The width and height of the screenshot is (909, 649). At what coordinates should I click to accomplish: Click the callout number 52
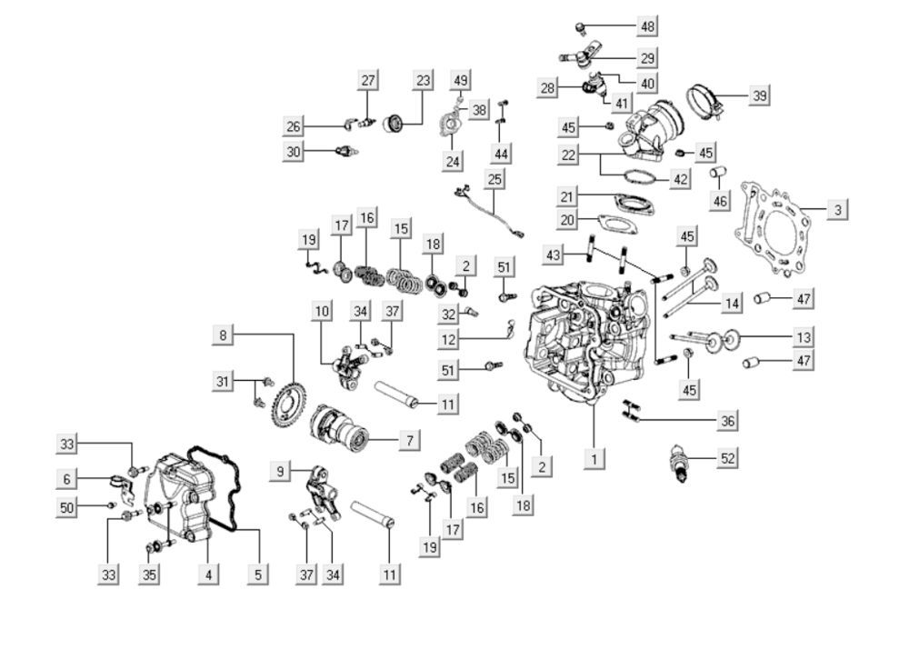[727, 458]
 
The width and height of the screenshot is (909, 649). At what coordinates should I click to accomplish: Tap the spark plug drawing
[679, 462]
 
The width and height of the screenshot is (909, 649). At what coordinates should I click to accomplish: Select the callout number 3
[837, 209]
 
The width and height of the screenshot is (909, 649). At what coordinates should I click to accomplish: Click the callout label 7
[409, 440]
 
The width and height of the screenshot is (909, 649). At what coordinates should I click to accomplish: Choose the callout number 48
[647, 25]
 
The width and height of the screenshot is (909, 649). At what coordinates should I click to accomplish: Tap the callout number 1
[594, 459]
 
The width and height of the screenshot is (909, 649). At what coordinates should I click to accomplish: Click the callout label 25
[494, 179]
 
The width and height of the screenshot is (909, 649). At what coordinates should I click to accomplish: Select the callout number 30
[294, 152]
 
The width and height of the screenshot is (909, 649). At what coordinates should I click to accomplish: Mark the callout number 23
[424, 80]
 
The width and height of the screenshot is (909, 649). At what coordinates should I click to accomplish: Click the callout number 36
[727, 421]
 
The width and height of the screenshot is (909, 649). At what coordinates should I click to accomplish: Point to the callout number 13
[803, 336]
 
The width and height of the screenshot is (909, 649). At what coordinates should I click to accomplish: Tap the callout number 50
[66, 507]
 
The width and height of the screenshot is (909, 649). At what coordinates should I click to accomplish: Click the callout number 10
[323, 311]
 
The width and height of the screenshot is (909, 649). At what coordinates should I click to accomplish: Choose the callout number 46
[719, 201]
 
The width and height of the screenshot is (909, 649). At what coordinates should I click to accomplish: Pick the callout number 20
[567, 220]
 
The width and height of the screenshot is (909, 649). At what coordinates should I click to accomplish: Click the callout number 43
[554, 255]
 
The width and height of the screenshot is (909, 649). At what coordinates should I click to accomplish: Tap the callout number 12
[448, 340]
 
